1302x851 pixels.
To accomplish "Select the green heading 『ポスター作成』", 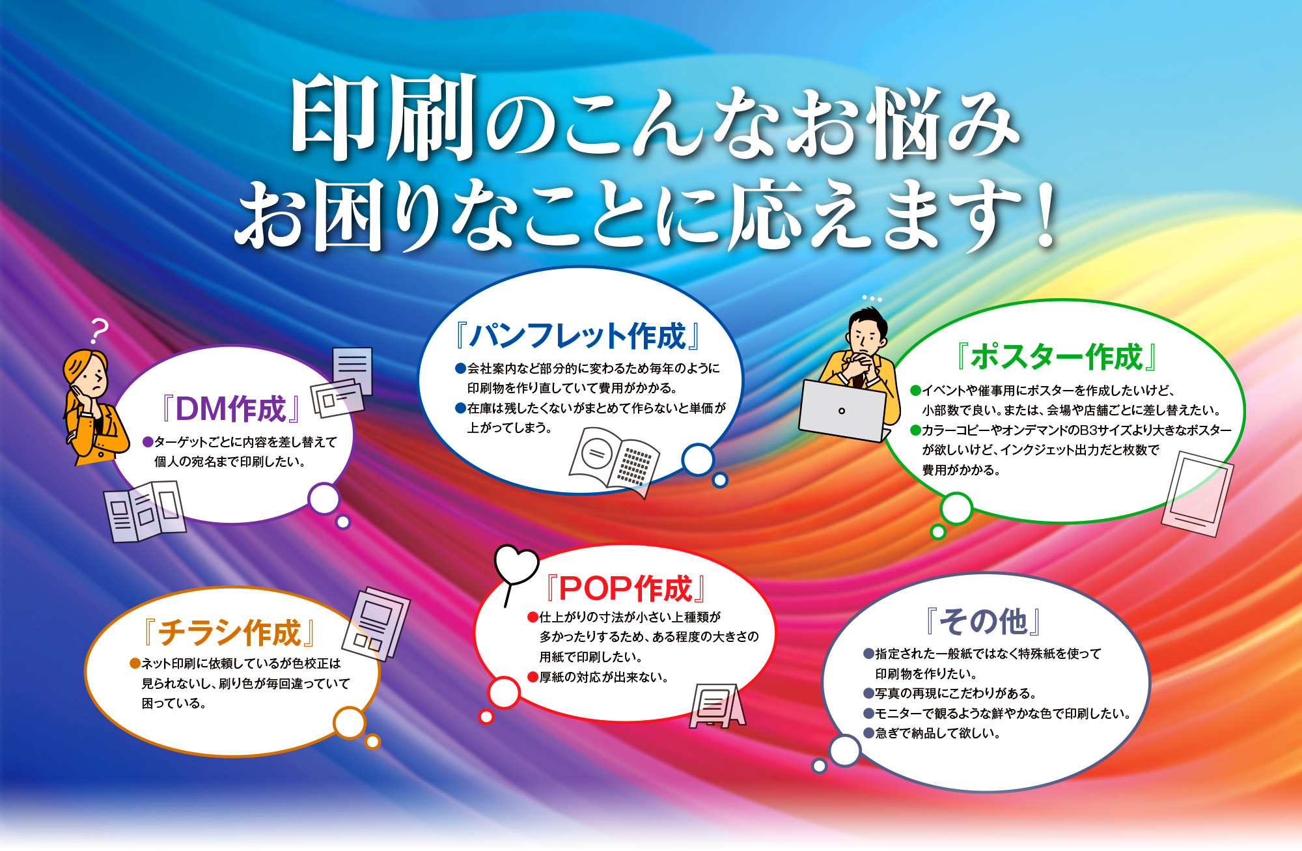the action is (1057, 357).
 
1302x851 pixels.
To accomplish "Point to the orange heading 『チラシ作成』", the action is (229, 632).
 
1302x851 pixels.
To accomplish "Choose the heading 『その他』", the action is (983, 621).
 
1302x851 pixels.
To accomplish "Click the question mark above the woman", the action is (99, 331).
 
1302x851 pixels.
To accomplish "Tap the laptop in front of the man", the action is (844, 411).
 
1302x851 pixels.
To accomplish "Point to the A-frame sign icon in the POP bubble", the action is (717, 706).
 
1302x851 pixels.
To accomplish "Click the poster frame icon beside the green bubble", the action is (1197, 494).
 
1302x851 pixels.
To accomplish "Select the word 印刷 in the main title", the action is (383, 117).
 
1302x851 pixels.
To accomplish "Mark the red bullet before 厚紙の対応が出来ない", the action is (533, 677).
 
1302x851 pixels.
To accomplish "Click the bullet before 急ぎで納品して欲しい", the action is (868, 733).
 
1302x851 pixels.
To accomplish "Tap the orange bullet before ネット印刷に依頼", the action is (135, 663).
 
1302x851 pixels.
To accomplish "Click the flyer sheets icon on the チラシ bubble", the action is (376, 624).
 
